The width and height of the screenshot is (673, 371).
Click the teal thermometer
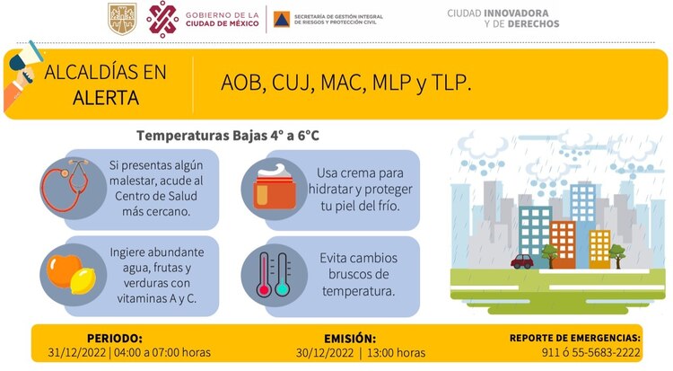(x=283, y=274)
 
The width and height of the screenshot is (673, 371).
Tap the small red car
(x=522, y=261)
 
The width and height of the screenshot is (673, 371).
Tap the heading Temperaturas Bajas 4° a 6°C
(x=228, y=137)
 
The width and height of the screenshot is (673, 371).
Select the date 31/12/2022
(x=76, y=353)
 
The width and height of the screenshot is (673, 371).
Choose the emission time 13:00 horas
(x=395, y=353)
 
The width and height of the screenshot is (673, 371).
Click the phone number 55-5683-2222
(x=609, y=353)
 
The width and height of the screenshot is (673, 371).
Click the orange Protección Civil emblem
(x=281, y=19)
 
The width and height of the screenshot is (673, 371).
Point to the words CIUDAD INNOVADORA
(x=503, y=13)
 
